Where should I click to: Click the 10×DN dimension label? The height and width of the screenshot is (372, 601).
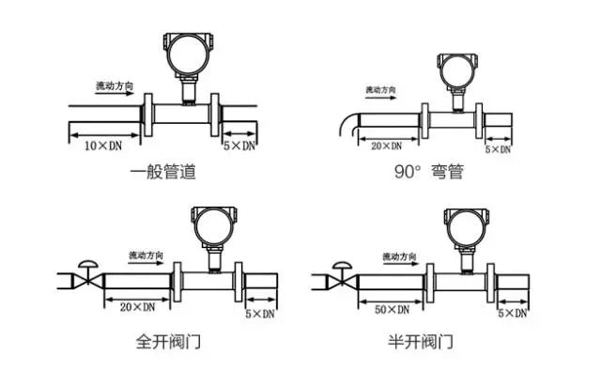[104, 147]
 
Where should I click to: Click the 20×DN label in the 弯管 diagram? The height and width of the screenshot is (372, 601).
[386, 147]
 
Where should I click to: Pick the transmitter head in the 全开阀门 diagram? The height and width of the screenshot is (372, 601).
[208, 225]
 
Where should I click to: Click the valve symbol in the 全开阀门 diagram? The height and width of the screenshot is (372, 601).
[88, 277]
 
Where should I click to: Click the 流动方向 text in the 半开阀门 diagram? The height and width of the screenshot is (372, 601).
[402, 256]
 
